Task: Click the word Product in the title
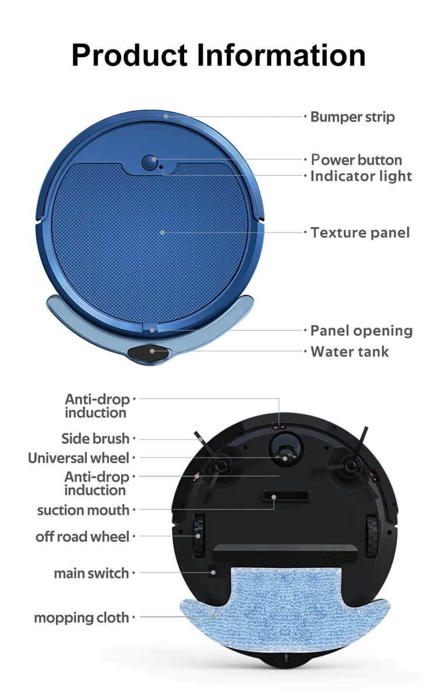click(129, 56)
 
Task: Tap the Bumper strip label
click(352, 117)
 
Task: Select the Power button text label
click(356, 160)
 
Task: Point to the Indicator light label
click(361, 176)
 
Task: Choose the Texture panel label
click(360, 232)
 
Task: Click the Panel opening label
click(361, 330)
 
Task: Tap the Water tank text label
click(350, 351)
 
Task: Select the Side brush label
click(96, 438)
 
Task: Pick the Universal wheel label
click(79, 458)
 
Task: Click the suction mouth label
click(83, 510)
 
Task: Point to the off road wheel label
click(82, 536)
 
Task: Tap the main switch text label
click(91, 573)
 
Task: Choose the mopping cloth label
click(82, 617)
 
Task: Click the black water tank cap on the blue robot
click(152, 352)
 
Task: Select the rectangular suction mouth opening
click(285, 497)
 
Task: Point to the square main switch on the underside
click(217, 572)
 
